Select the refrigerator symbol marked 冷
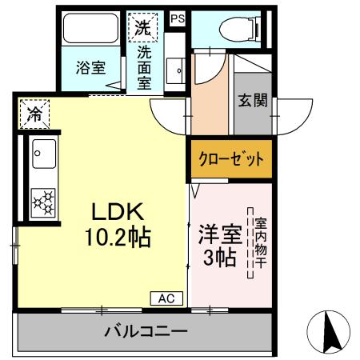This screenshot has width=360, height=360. click(x=34, y=114)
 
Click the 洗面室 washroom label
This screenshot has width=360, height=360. click(x=144, y=67)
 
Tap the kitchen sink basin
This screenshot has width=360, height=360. click(x=42, y=151)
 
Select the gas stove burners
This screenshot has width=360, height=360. click(x=43, y=200)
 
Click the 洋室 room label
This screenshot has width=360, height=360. click(x=218, y=236)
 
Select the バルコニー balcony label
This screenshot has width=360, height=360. click(x=145, y=331)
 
